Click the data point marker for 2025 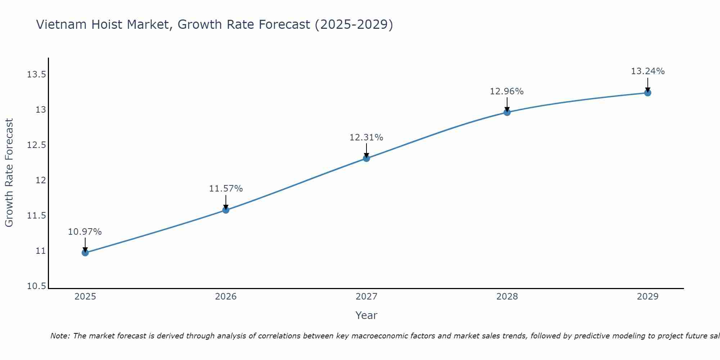85,253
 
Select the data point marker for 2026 226,210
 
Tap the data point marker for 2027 366,158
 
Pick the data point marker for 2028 507,112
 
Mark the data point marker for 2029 648,93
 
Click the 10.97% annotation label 85,232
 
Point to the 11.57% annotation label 226,189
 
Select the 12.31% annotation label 366,138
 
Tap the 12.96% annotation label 507,91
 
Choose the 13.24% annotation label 648,71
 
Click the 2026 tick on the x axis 226,297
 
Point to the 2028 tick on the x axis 507,297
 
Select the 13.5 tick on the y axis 36,75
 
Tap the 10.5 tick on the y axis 36,286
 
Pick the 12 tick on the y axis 41,180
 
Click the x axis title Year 366,315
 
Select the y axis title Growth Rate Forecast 9,172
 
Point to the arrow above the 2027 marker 366,150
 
